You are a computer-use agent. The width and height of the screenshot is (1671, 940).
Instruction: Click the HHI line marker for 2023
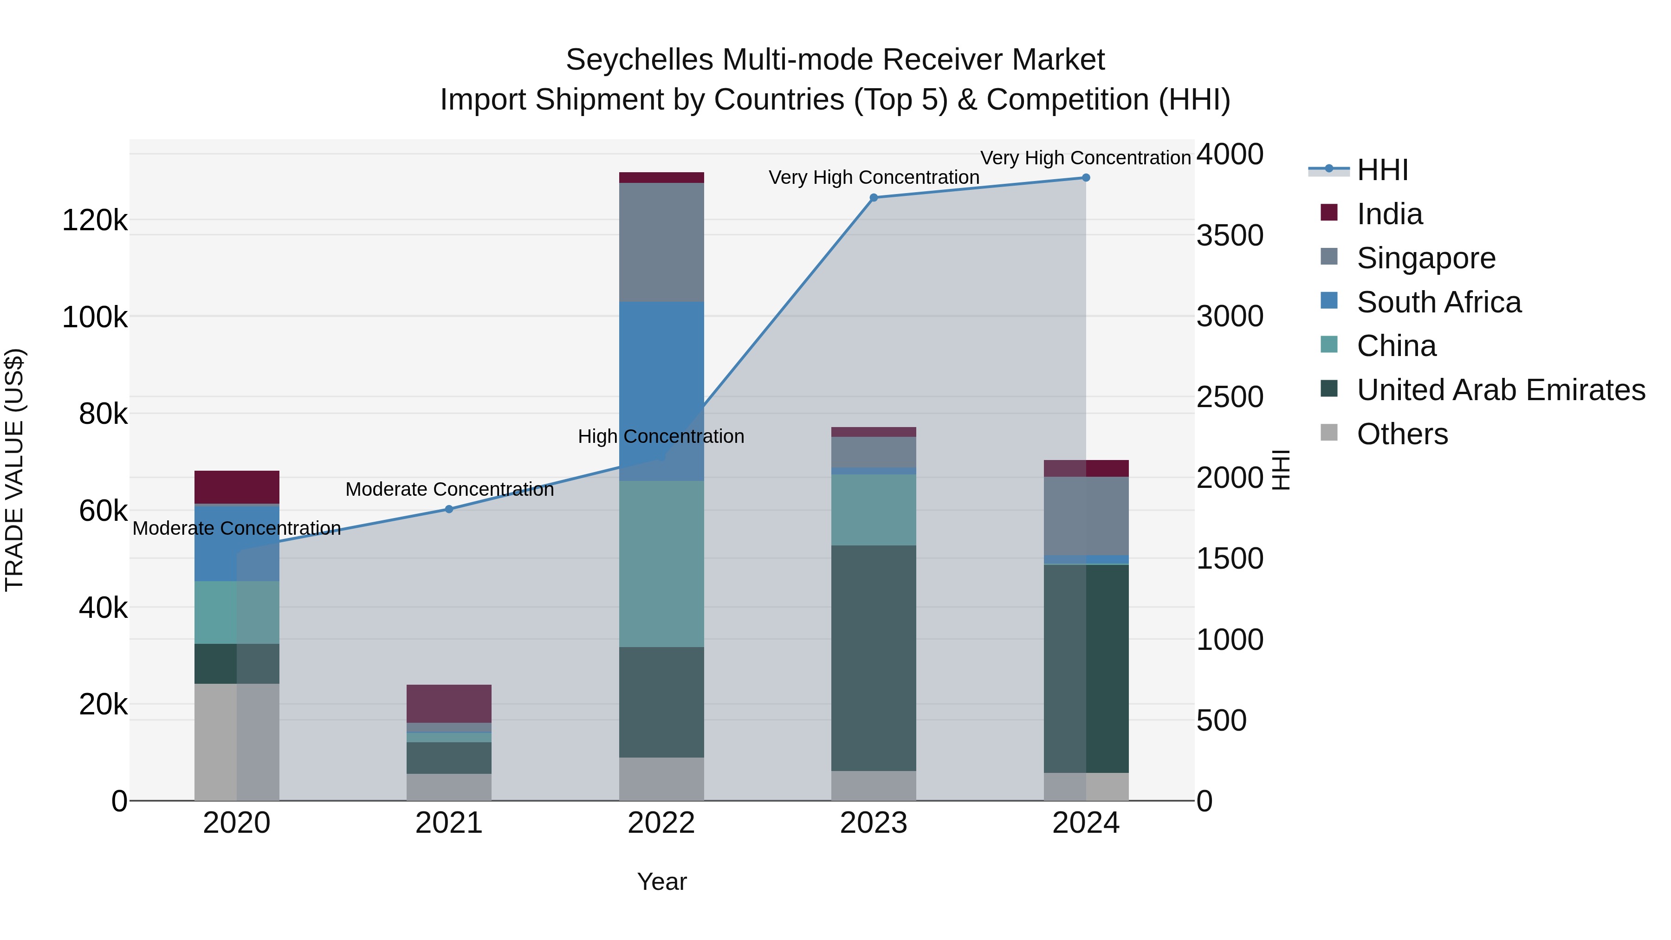click(873, 197)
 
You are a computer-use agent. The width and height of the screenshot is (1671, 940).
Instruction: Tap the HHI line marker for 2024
click(1085, 177)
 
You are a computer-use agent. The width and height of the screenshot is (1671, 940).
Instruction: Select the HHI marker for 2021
click(449, 509)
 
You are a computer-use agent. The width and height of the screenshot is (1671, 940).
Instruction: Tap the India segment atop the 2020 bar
click(237, 486)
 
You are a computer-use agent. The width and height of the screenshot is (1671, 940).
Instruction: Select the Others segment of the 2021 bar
click(449, 786)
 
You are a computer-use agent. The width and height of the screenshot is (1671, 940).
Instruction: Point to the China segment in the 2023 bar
click(873, 509)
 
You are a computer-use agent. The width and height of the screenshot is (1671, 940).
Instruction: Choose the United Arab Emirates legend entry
click(1500, 390)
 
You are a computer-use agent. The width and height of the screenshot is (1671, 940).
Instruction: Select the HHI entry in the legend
click(1382, 170)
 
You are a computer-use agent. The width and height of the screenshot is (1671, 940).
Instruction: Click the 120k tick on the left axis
click(95, 220)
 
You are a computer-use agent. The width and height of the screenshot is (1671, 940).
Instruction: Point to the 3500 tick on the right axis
click(1229, 235)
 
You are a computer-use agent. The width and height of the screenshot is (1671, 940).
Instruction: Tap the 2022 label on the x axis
click(661, 823)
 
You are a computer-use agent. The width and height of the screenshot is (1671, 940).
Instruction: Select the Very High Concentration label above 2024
click(1085, 158)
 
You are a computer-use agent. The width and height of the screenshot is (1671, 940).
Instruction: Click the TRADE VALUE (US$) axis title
click(14, 470)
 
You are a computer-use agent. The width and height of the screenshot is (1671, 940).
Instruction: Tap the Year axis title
click(661, 881)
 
